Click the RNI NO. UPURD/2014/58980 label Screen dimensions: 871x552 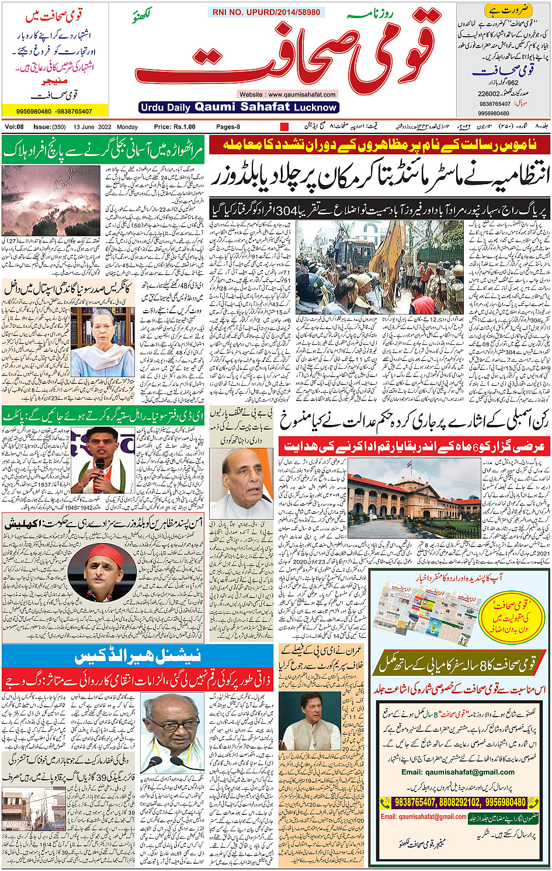266,12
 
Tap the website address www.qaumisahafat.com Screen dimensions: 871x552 287,94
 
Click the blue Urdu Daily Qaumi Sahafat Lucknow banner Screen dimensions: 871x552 239,107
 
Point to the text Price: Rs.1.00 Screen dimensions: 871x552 175,127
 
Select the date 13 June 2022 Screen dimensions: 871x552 93,127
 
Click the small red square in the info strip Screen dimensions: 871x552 284,127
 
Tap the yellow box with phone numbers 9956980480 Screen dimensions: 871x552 54,111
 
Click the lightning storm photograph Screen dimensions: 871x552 51,201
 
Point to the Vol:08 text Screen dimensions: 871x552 15,127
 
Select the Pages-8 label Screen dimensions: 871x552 228,127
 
